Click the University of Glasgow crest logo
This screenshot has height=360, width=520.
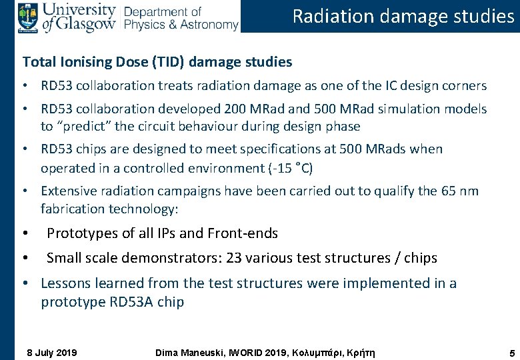pos(28,16)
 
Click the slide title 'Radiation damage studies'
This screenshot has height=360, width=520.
pos(403,16)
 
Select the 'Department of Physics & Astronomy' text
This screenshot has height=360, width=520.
pos(181,18)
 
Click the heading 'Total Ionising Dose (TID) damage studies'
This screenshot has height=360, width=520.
pos(157,62)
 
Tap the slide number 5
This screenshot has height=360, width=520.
pos(509,352)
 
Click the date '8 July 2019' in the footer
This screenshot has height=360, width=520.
pos(51,352)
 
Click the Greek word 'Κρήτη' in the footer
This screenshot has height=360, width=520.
pos(360,352)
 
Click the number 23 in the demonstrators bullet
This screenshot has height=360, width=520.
pos(234,258)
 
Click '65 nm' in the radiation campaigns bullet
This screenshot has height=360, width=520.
pos(459,191)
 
